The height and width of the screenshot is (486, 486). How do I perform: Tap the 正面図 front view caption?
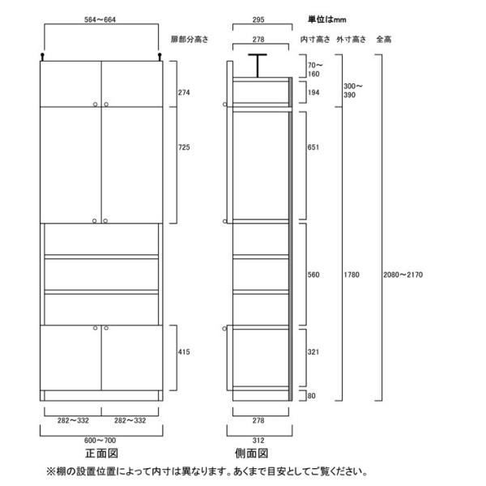[100, 453]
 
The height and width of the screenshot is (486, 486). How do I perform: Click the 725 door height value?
[184, 148]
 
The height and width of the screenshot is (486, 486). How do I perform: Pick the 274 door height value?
[184, 92]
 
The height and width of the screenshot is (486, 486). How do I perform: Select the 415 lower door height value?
[184, 354]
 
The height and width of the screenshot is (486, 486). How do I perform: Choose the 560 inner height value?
[313, 275]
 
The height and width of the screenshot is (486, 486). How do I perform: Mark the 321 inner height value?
[313, 353]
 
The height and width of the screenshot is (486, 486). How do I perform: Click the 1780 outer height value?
[351, 275]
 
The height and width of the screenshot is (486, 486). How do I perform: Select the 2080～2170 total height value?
[403, 275]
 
